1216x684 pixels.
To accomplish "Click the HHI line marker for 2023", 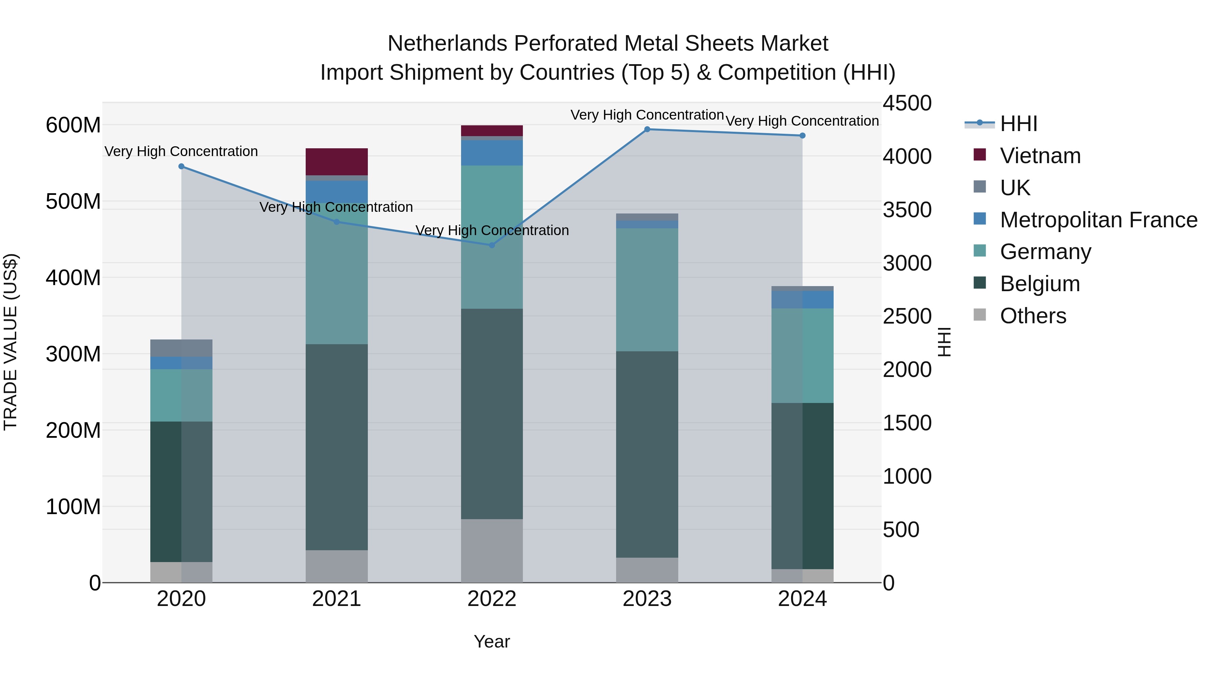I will click(x=647, y=129).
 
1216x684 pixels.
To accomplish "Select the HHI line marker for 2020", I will click(x=181, y=167).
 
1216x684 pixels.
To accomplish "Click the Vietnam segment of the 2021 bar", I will click(x=336, y=161).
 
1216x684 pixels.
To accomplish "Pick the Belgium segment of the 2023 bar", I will click(x=647, y=454).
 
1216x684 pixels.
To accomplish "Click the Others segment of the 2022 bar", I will click(x=491, y=551).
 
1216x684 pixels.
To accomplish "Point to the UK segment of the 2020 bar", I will click(x=181, y=348).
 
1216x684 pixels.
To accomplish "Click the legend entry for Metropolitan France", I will click(x=1098, y=220).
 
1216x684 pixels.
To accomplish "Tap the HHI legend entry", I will click(x=1018, y=124).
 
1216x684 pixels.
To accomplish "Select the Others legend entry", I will click(x=1033, y=316).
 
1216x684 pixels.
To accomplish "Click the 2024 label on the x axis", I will click(x=802, y=599).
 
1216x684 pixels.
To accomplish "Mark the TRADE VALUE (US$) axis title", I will click(x=10, y=342).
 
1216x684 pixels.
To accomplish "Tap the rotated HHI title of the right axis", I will click(x=944, y=342).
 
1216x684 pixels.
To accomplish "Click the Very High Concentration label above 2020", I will click(x=181, y=152).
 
